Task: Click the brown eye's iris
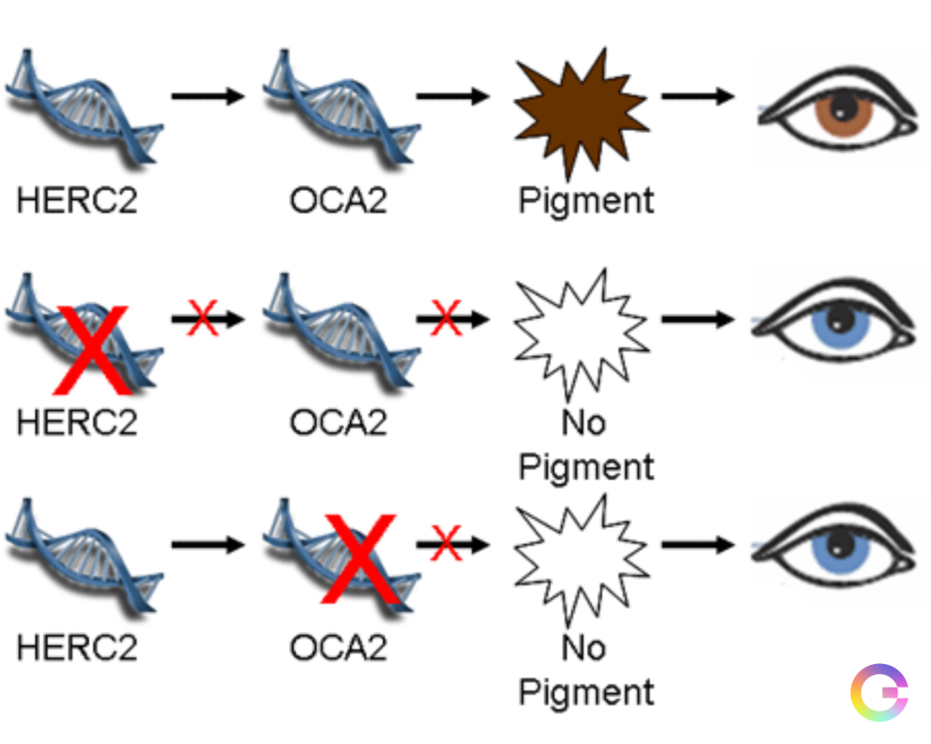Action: [843, 111]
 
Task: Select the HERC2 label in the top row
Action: [76, 200]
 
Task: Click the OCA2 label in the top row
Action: [338, 200]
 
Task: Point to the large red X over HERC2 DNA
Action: [91, 349]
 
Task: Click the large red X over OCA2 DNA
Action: [360, 559]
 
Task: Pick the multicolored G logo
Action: [878, 694]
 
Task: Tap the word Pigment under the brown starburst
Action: [586, 200]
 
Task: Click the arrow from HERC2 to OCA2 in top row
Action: [208, 96]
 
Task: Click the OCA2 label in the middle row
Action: [338, 422]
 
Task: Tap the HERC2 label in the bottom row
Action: [76, 647]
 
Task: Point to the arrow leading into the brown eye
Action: [696, 96]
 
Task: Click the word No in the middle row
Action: [584, 422]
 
